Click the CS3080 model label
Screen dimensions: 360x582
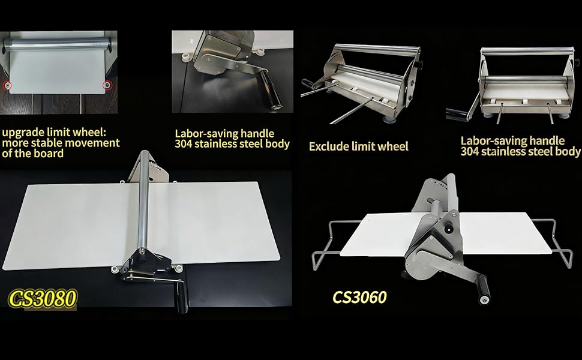(x=43, y=298)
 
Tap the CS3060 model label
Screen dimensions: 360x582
(x=359, y=297)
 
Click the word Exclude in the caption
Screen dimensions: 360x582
(x=329, y=146)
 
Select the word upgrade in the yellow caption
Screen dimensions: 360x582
(x=23, y=132)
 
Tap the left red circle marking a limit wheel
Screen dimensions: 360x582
(x=7, y=85)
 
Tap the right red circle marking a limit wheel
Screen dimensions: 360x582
(x=107, y=85)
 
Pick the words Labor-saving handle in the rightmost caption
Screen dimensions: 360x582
(x=512, y=141)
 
